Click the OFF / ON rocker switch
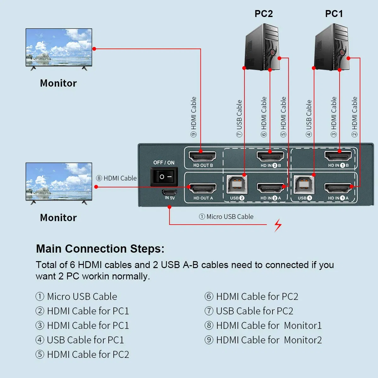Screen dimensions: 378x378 (164, 177)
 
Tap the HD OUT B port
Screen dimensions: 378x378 (203, 156)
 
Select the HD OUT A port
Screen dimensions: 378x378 (203, 189)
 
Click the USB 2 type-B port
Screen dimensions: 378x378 (237, 185)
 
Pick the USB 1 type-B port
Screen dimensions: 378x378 (304, 185)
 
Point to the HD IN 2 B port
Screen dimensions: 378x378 (270, 156)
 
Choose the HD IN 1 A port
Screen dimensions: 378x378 (338, 189)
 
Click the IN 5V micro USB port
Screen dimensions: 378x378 (169, 192)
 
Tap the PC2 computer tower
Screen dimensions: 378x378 (262, 47)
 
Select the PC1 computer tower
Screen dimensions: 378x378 (332, 47)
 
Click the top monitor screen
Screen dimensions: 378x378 (59, 47)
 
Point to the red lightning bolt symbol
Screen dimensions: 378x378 (278, 225)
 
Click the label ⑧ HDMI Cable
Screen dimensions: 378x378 (116, 178)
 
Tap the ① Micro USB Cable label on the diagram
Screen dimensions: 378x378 (226, 217)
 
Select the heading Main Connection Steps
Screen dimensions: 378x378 (100, 249)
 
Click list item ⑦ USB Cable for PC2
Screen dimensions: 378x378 (249, 311)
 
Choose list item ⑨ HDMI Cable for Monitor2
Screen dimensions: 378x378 (263, 340)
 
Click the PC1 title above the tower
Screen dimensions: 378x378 (334, 14)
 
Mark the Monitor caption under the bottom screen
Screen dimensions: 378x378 (58, 218)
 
